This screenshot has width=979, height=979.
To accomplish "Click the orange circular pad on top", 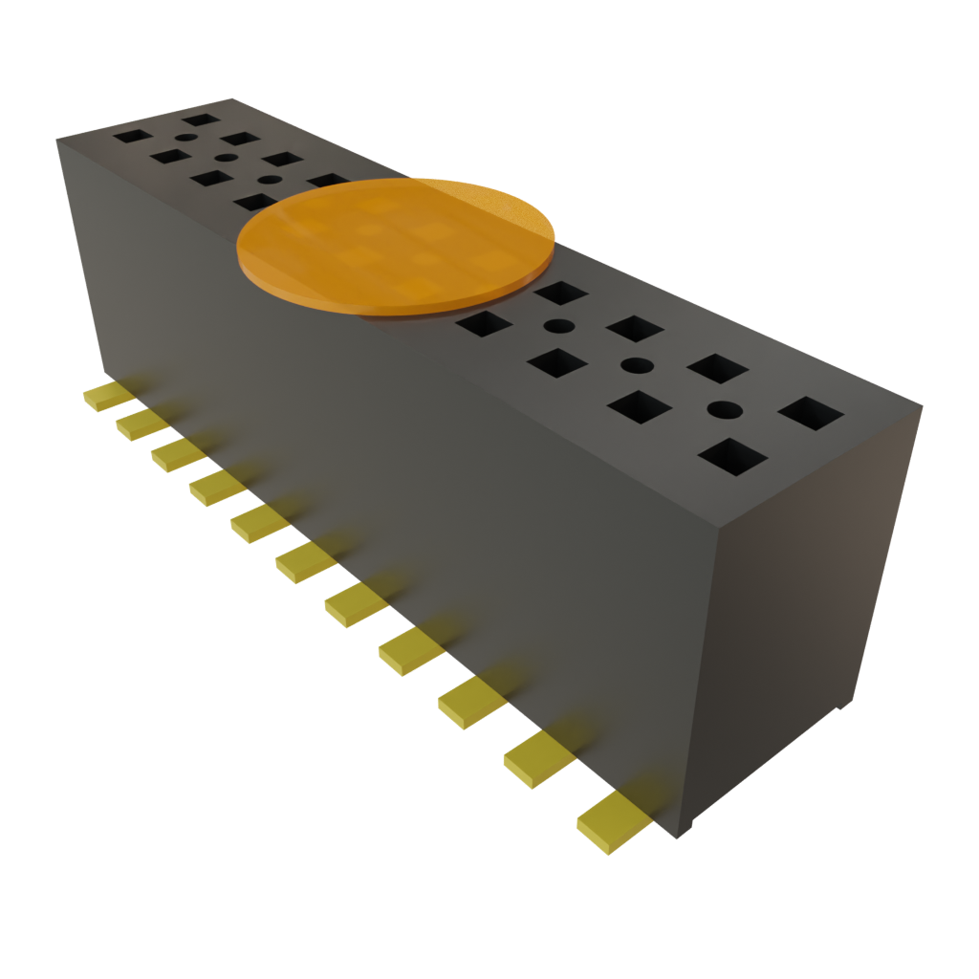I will tap(396, 245).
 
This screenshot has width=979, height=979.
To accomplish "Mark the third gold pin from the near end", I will tap(468, 704).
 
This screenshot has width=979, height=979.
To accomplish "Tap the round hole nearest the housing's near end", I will tap(725, 409).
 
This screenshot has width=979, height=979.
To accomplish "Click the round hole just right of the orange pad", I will tap(557, 326).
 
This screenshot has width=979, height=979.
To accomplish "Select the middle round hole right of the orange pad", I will tap(638, 365).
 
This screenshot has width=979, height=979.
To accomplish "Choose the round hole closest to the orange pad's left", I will tap(270, 179).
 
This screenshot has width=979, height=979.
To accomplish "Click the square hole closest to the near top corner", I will tap(811, 413).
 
